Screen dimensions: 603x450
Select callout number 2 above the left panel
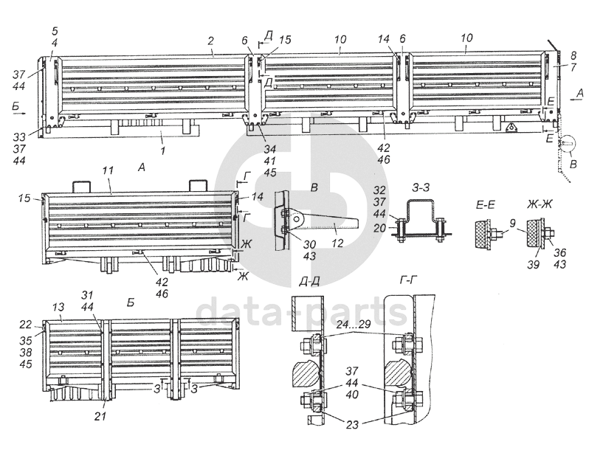click(210, 40)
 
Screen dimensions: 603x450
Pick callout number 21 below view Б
click(100, 418)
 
